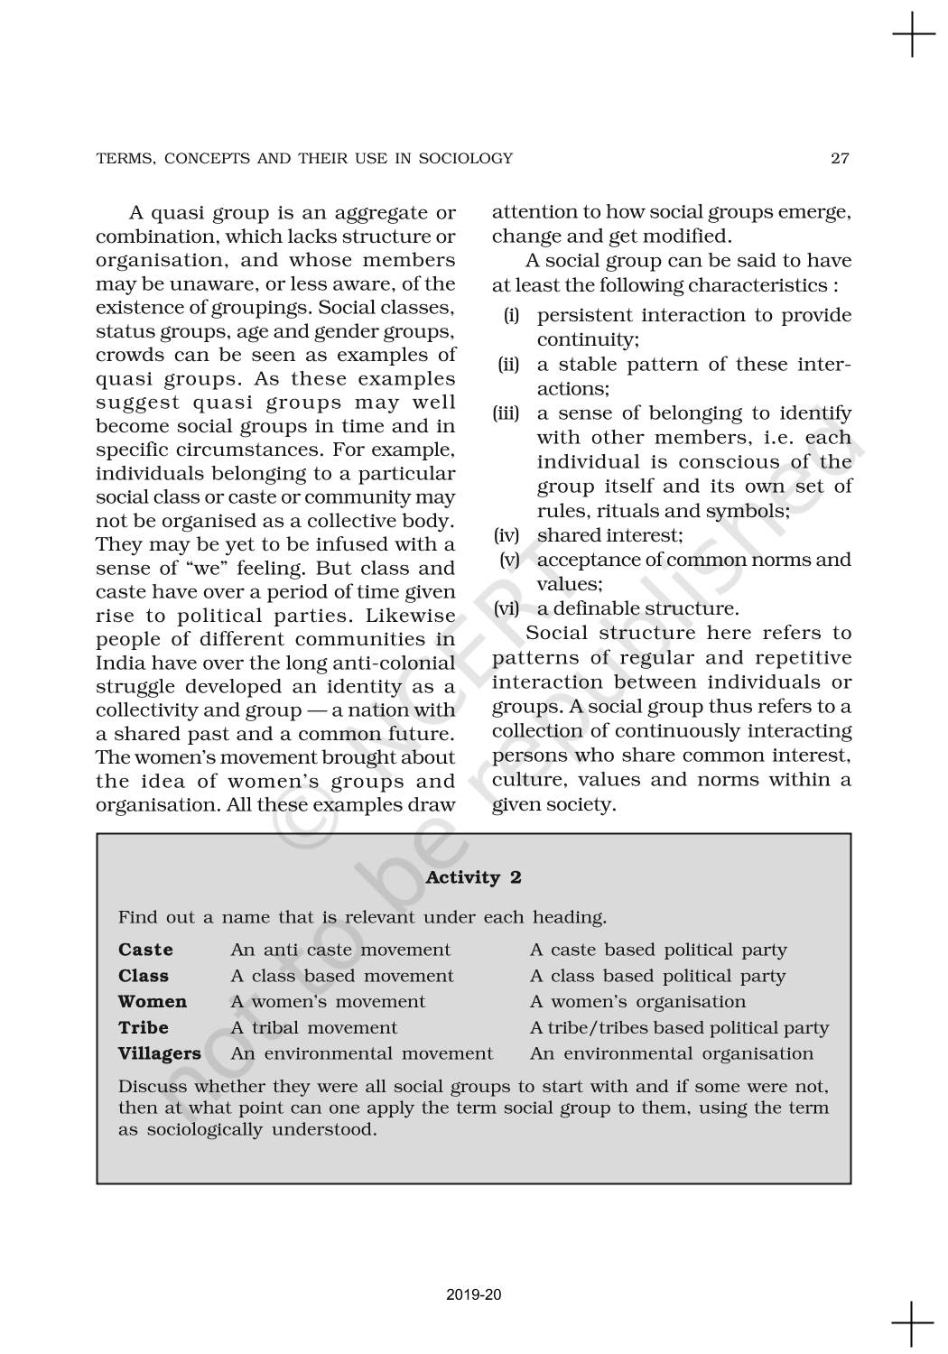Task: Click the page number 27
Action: click(840, 159)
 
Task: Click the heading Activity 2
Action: click(473, 877)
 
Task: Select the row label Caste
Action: click(145, 950)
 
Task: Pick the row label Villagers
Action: click(160, 1053)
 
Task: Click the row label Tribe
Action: click(144, 1027)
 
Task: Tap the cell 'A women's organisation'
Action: click(637, 1002)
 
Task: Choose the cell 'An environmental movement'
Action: click(362, 1053)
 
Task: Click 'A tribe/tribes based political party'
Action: click(679, 1027)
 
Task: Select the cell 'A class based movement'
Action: click(342, 976)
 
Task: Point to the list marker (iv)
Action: click(507, 535)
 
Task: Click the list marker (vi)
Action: click(507, 608)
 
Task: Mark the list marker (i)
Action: click(511, 315)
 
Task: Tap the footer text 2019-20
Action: click(474, 1294)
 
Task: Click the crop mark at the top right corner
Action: click(914, 35)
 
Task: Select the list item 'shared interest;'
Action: click(609, 535)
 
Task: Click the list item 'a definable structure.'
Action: click(637, 608)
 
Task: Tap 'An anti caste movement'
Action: click(340, 950)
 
